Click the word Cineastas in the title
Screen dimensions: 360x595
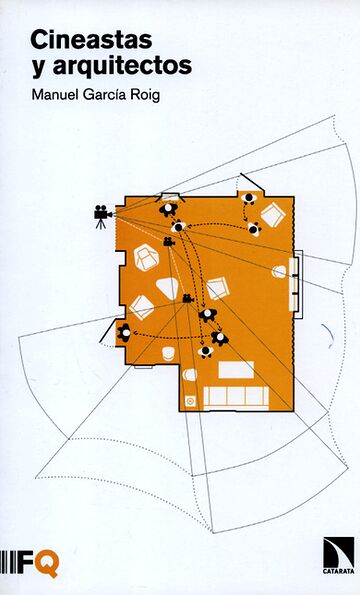(77, 40)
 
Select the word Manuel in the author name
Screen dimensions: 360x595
(56, 97)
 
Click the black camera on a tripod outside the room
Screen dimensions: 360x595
(101, 214)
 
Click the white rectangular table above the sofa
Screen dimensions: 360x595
(236, 369)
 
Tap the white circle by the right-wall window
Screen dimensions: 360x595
(279, 271)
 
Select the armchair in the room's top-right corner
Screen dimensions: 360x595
(271, 215)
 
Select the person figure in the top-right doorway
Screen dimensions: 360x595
(248, 197)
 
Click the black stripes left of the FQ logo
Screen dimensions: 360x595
(9, 562)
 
